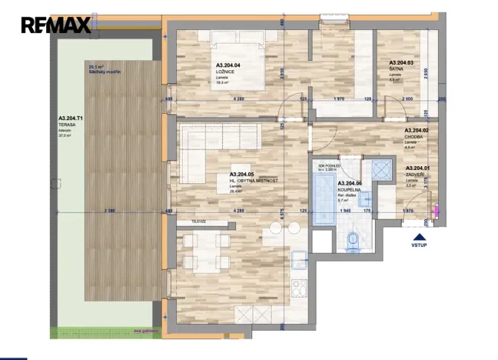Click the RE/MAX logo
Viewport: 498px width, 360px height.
(x=56, y=25)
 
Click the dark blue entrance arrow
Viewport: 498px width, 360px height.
(x=419, y=237)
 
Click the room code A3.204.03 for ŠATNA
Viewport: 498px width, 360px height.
(x=401, y=62)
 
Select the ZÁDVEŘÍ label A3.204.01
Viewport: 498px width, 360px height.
(x=418, y=168)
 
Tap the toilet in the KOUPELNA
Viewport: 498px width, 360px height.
(x=352, y=240)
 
